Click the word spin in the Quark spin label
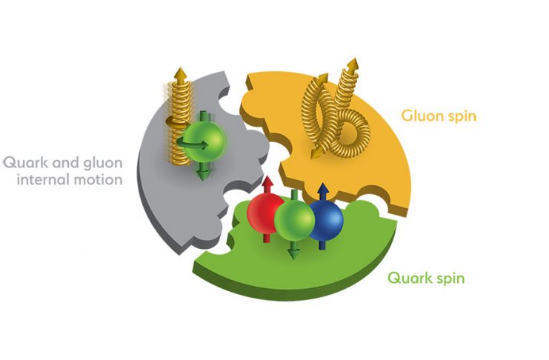(x=450, y=279)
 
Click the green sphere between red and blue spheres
(x=294, y=221)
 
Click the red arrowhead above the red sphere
(x=268, y=182)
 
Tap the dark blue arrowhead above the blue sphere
(x=323, y=188)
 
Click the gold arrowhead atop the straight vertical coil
(x=180, y=73)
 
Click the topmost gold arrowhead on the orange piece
(x=353, y=64)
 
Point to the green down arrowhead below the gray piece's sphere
(x=203, y=173)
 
